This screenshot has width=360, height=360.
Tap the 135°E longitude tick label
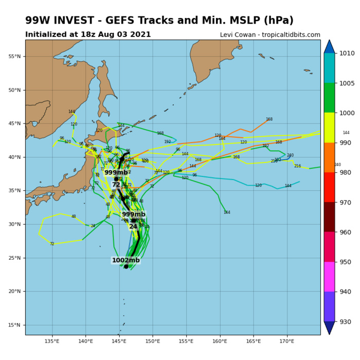tap(52, 341)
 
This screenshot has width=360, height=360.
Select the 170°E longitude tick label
tap(286, 341)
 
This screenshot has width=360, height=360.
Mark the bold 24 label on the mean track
tap(133, 227)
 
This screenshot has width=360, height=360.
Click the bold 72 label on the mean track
tap(116, 185)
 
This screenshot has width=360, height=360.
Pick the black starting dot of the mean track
tap(126, 266)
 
